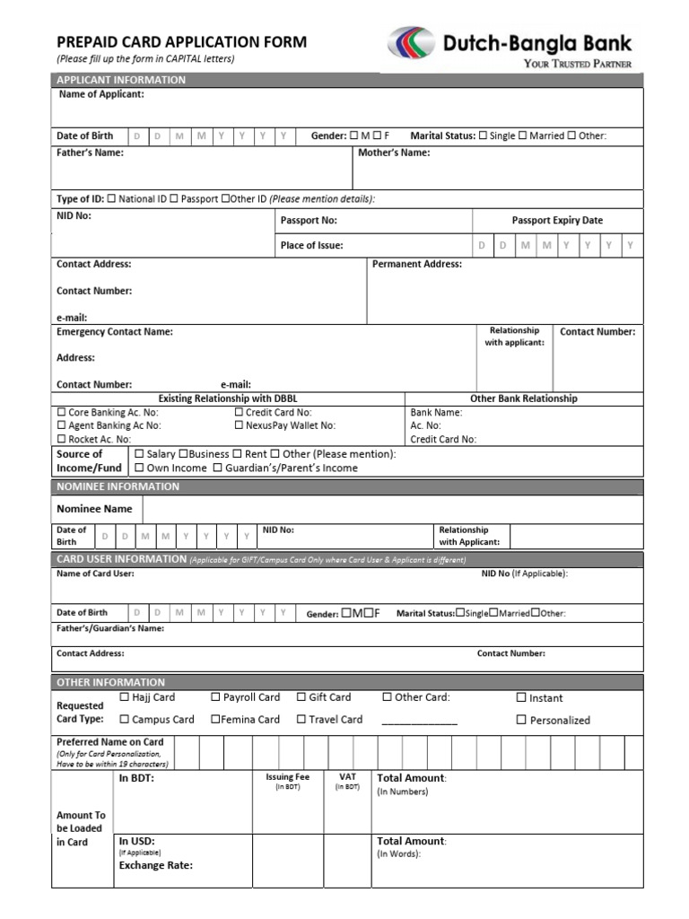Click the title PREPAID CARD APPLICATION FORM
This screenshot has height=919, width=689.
pyautogui.click(x=181, y=41)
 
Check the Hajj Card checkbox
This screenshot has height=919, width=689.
pyautogui.click(x=125, y=696)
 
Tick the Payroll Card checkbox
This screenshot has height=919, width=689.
pyautogui.click(x=215, y=696)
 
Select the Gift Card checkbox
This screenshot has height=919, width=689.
pyautogui.click(x=301, y=696)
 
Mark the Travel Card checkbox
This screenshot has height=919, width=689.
pyautogui.click(x=301, y=719)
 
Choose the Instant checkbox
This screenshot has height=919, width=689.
pyautogui.click(x=521, y=697)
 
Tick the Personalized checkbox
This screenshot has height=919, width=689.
pyautogui.click(x=521, y=720)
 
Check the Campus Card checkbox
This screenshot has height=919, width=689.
pyautogui.click(x=125, y=719)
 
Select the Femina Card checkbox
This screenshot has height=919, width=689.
pyautogui.click(x=215, y=719)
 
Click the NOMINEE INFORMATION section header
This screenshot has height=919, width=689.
pyautogui.click(x=118, y=486)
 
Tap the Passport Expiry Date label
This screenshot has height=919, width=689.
pyautogui.click(x=557, y=220)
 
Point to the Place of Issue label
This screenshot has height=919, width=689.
pyautogui.click(x=311, y=245)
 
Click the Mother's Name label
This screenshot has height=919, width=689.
pyautogui.click(x=394, y=153)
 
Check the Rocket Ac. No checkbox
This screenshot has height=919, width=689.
pyautogui.click(x=61, y=440)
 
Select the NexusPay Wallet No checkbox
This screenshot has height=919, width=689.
pyautogui.click(x=239, y=425)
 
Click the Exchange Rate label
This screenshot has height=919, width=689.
pyautogui.click(x=155, y=866)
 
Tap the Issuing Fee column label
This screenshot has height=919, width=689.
pyautogui.click(x=287, y=777)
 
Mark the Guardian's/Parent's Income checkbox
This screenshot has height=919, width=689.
pyautogui.click(x=217, y=468)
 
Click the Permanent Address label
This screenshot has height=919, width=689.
pyautogui.click(x=416, y=264)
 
